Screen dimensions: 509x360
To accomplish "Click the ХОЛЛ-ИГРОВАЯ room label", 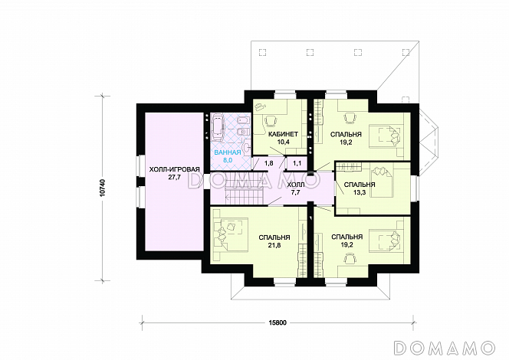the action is click(174, 169).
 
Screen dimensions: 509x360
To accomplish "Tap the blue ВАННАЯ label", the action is click(227, 152).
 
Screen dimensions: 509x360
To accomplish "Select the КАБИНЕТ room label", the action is click(283, 134).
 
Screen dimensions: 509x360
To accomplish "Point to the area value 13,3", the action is click(360, 192).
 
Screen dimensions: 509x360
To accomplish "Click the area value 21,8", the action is click(274, 245).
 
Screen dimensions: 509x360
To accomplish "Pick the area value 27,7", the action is click(174, 177).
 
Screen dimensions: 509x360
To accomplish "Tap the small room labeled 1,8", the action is click(269, 163).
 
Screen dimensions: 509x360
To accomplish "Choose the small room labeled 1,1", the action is click(297, 163).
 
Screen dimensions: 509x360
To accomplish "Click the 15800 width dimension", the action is click(277, 323).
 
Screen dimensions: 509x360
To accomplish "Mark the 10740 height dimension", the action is click(103, 188).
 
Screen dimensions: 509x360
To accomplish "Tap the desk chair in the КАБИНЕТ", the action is click(271, 121).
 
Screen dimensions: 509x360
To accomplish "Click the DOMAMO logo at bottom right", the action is click(445, 347).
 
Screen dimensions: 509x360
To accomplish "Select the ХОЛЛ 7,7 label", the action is click(296, 188).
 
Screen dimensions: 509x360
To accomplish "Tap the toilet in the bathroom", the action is click(243, 133).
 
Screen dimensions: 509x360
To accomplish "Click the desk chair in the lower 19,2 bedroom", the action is click(350, 258).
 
